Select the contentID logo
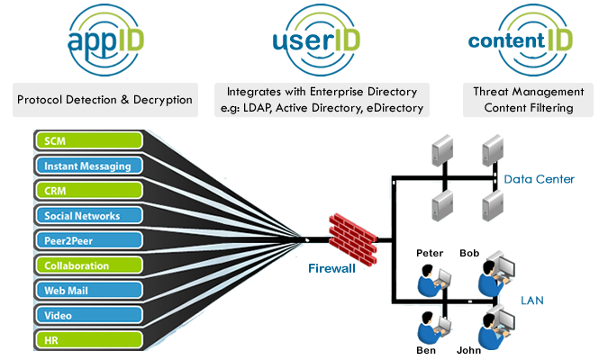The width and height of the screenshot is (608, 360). click(x=520, y=41)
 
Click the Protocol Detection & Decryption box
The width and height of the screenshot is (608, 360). click(x=104, y=100)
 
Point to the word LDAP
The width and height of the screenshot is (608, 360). click(x=264, y=108)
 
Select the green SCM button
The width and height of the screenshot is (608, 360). click(x=88, y=140)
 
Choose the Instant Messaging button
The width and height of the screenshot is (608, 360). click(x=88, y=166)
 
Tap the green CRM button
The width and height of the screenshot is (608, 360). click(x=88, y=191)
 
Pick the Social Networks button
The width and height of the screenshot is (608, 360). click(x=88, y=216)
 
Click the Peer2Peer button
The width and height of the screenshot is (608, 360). click(x=88, y=240)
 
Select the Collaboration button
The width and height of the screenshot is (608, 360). click(x=88, y=265)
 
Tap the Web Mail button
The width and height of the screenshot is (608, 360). click(x=88, y=291)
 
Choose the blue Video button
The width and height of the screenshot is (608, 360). click(x=88, y=316)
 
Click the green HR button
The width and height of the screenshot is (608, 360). click(x=88, y=340)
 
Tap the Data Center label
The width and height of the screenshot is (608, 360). click(x=539, y=180)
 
